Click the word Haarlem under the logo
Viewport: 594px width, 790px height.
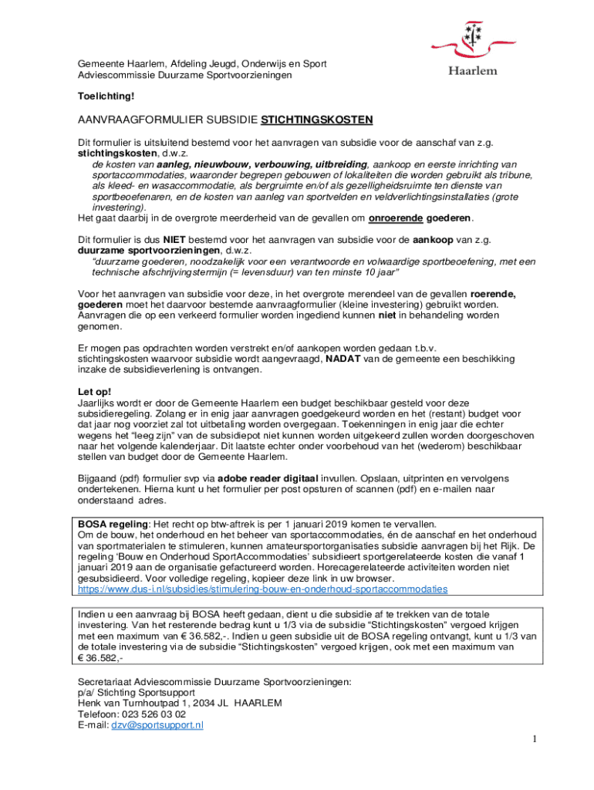tap(473, 70)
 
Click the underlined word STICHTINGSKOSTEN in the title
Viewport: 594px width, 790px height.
tap(317, 120)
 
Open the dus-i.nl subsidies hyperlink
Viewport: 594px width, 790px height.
tap(262, 589)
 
